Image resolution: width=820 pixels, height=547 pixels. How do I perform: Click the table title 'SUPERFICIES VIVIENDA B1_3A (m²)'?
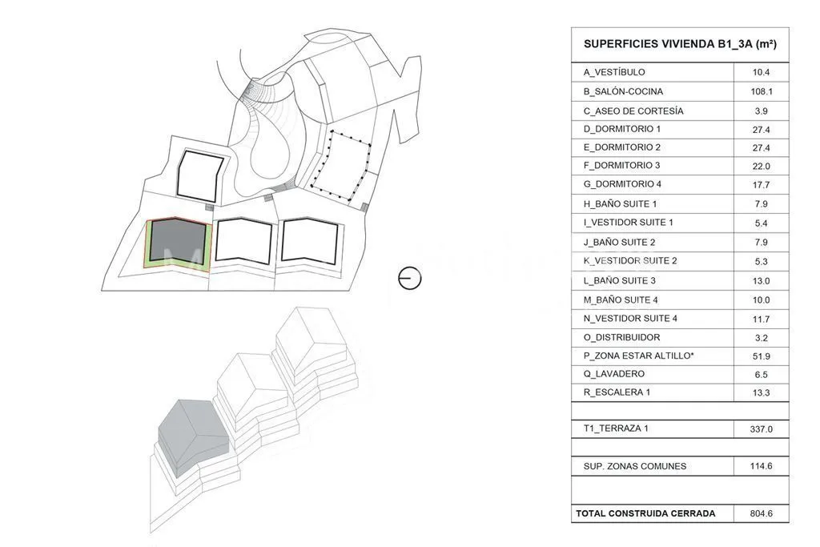pos(680,44)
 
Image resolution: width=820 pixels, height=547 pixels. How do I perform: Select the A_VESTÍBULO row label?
pos(614,72)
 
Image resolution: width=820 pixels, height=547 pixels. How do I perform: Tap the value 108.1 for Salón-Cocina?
pos(761,91)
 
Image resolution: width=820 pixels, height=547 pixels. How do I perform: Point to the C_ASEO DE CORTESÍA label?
pos(633,111)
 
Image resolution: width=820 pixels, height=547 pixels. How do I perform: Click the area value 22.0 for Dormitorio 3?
pos(761,167)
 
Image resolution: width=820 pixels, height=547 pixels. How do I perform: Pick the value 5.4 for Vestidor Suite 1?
pos(761,223)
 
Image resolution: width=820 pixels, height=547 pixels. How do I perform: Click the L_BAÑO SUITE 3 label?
pos(619,281)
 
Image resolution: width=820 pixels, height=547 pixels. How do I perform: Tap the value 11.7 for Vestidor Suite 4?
pos(761,319)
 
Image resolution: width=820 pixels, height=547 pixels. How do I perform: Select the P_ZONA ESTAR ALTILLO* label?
pos(638,356)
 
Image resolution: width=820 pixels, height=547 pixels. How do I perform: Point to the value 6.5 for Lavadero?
pos(761,375)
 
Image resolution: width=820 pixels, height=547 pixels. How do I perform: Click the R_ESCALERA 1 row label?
pos(617,392)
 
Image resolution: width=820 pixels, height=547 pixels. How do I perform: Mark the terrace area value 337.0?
pos(761,429)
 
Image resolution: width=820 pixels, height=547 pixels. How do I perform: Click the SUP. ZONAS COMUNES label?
pos(635,466)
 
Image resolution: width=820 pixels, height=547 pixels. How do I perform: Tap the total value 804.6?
pos(761,513)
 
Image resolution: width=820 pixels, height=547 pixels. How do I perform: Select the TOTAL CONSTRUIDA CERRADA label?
pos(645,513)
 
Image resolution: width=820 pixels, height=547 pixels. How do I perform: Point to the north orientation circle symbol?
pos(409,278)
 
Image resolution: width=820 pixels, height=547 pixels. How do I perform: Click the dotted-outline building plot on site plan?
pos(341,166)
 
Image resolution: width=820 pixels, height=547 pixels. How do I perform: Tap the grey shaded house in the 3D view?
pos(193,437)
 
